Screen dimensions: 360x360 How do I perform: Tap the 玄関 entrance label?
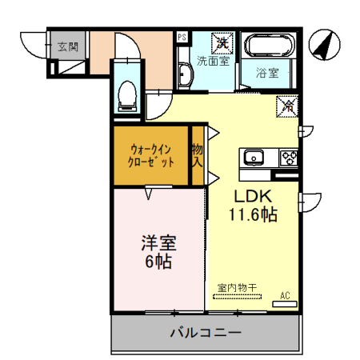pyautogui.click(x=66, y=47)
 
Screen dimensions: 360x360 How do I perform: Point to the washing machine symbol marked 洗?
pyautogui.click(x=223, y=42)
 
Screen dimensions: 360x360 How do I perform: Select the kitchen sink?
pyautogui.click(x=254, y=157)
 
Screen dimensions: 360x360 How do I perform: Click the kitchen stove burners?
pyautogui.click(x=287, y=157)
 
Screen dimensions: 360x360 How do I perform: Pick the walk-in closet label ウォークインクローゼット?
pyautogui.click(x=150, y=154)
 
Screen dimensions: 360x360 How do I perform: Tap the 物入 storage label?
pyautogui.click(x=197, y=155)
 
